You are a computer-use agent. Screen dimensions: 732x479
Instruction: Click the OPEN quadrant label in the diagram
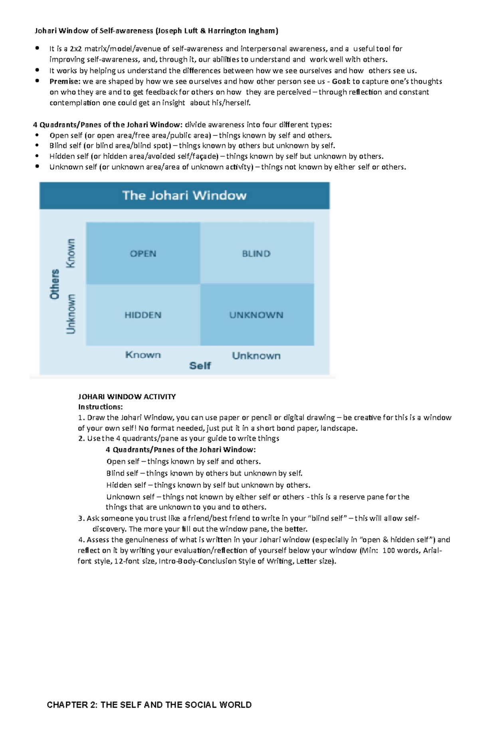pyautogui.click(x=143, y=254)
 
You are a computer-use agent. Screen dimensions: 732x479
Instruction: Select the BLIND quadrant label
pyautogui.click(x=256, y=254)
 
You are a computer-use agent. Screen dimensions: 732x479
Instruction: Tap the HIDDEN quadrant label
pyautogui.click(x=143, y=315)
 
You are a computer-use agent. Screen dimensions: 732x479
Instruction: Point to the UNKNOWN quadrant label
pyautogui.click(x=256, y=315)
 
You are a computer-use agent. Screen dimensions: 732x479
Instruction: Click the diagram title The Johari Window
pyautogui.click(x=184, y=195)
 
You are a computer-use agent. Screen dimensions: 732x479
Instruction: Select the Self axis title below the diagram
pyautogui.click(x=200, y=366)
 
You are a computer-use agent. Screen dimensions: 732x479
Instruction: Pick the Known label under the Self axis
pyautogui.click(x=143, y=355)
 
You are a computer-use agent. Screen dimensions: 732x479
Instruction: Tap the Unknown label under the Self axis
pyautogui.click(x=256, y=356)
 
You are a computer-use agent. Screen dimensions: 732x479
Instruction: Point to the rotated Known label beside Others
pyautogui.click(x=71, y=253)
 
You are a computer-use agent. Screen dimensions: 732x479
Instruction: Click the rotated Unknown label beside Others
pyautogui.click(x=71, y=314)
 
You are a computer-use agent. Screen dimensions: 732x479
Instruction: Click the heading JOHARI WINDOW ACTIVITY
pyautogui.click(x=127, y=397)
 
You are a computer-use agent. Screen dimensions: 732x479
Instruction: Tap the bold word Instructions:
pyautogui.click(x=100, y=407)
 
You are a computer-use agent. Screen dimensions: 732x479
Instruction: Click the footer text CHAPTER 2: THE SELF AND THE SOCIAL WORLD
pyautogui.click(x=149, y=705)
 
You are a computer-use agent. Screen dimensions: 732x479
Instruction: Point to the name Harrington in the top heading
pyautogui.click(x=226, y=31)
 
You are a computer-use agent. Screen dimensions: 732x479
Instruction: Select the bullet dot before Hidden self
pyautogui.click(x=38, y=156)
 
